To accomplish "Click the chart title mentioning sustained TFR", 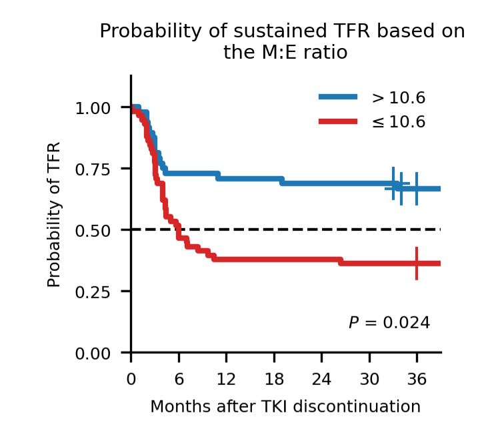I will (282, 41).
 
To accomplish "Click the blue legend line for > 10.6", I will (338, 97).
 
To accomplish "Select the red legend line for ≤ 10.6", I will (338, 121).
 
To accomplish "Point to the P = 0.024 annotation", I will (389, 323).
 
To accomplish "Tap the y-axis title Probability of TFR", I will (54, 214).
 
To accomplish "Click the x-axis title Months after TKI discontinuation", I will (285, 406).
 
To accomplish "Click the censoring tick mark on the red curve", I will (417, 263).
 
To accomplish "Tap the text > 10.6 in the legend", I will (399, 98).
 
